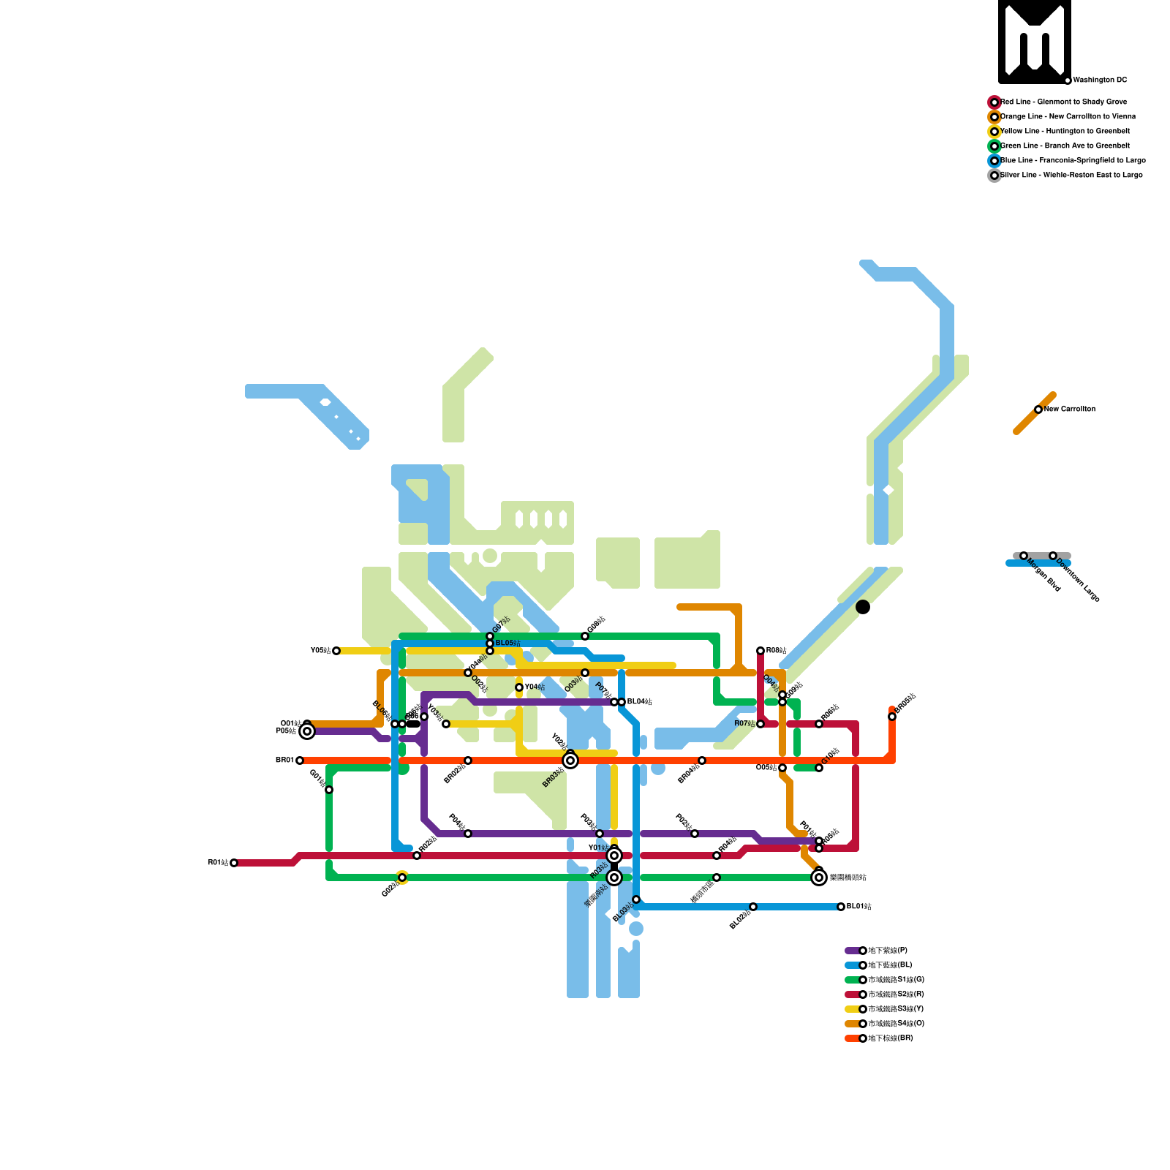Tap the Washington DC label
coord(1100,80)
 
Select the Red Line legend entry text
coord(1063,102)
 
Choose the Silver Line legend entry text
coord(1071,175)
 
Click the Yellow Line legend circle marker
coord(994,132)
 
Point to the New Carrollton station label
coord(1070,409)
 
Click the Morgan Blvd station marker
coord(1024,556)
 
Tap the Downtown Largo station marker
coord(1053,556)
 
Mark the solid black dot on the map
coord(863,607)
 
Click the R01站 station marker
coord(234,863)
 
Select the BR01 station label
coord(284,760)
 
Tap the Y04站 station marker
coord(519,687)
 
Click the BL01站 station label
coord(859,907)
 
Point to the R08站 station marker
coord(760,651)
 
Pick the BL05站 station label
coord(508,643)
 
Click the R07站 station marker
coord(760,724)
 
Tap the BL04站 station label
coord(639,702)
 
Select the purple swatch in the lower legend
coord(852,951)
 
